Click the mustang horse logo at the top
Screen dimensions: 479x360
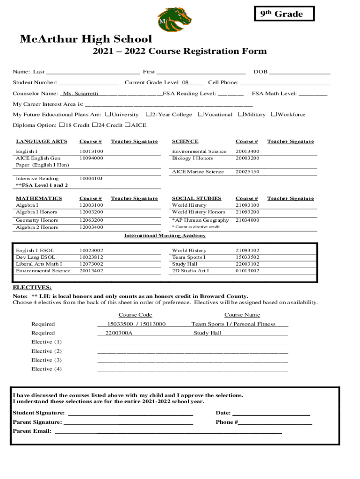point(174,19)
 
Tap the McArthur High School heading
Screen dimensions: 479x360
point(86,39)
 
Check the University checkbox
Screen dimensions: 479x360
point(108,114)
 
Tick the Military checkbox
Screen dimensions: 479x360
point(241,114)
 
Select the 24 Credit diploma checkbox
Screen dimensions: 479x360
point(95,125)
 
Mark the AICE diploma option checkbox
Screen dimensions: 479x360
point(128,125)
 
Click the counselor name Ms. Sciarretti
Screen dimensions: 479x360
point(80,94)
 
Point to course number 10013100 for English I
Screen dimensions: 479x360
point(91,152)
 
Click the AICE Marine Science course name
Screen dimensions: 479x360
point(198,172)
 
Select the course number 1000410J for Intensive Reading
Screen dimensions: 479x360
point(91,179)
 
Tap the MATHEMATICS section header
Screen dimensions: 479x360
point(39,198)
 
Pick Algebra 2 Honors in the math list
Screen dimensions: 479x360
point(37,227)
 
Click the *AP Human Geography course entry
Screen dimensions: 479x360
point(201,220)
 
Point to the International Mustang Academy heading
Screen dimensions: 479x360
point(165,236)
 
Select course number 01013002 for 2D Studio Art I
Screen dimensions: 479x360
point(248,271)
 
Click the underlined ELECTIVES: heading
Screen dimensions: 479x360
point(32,287)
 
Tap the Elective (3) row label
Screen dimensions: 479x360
point(46,360)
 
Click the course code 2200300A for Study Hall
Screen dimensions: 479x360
point(119,333)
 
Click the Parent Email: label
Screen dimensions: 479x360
point(32,431)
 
